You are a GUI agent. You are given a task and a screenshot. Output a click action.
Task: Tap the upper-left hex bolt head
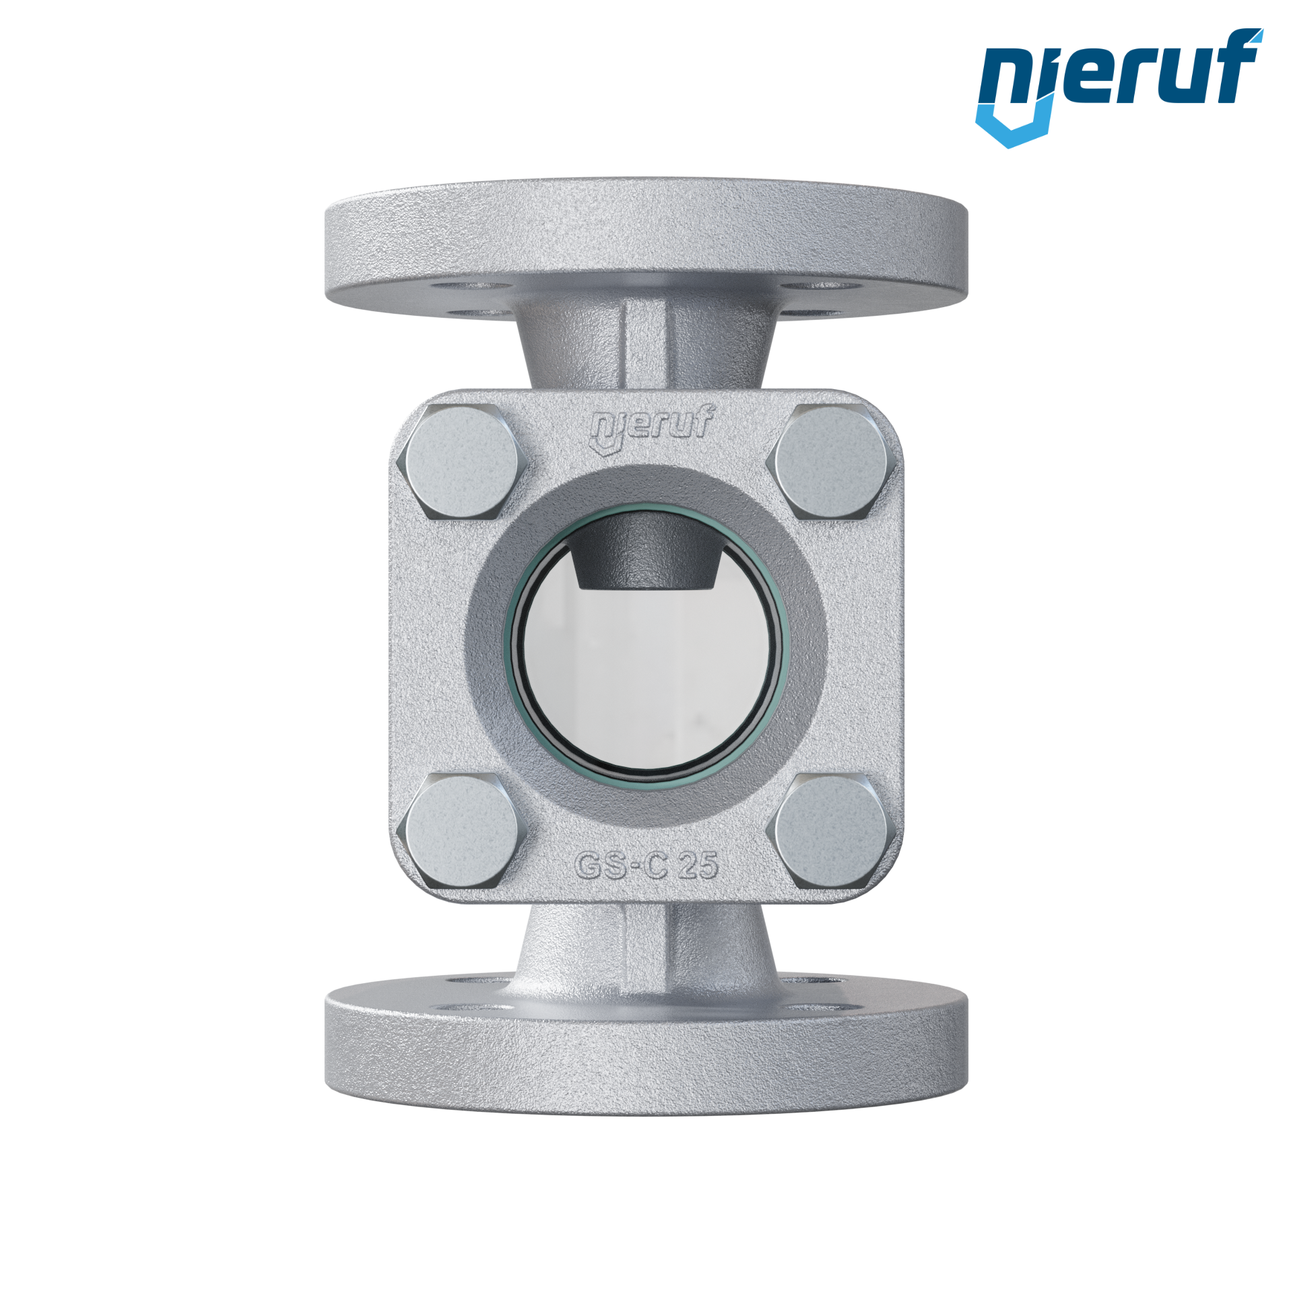click(462, 463)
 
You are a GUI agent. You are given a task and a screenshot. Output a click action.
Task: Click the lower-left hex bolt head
click(462, 830)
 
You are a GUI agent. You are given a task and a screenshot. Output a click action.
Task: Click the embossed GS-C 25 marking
click(646, 865)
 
